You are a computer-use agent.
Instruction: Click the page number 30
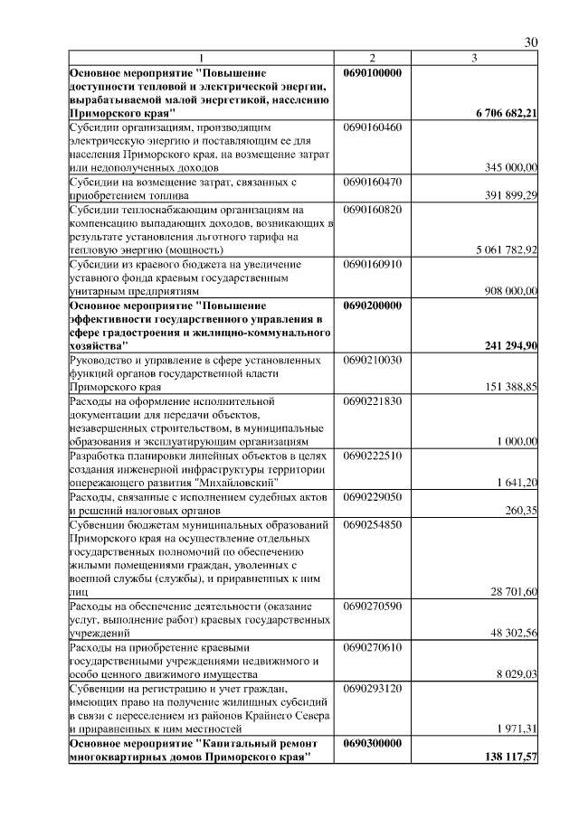click(x=531, y=42)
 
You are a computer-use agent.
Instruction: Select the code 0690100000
click(x=374, y=72)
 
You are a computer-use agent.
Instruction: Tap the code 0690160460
click(x=373, y=127)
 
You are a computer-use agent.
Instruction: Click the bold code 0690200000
click(x=374, y=306)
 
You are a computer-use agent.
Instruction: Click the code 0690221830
click(x=373, y=400)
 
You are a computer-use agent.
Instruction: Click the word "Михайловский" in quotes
click(x=237, y=483)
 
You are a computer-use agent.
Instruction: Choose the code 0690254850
click(x=373, y=524)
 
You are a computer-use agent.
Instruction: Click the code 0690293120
click(x=373, y=688)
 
